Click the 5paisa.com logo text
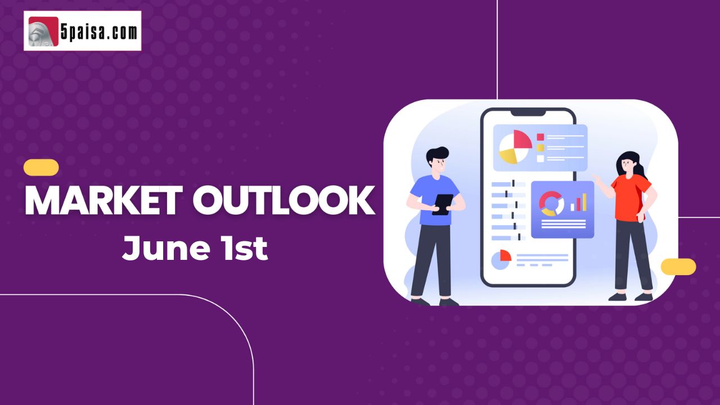tap(99, 31)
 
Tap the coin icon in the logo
tap(42, 33)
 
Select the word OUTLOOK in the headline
tap(283, 200)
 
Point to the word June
tap(166, 248)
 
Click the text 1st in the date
tap(245, 248)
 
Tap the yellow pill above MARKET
tap(41, 168)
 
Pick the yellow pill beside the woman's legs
tap(678, 267)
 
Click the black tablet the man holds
tap(443, 205)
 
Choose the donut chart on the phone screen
tap(551, 204)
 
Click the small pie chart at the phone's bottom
tap(501, 259)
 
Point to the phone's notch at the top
tap(528, 113)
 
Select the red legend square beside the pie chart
tap(541, 137)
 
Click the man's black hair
tap(437, 155)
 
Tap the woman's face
tap(627, 166)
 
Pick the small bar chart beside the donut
tap(579, 202)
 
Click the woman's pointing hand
tap(597, 178)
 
